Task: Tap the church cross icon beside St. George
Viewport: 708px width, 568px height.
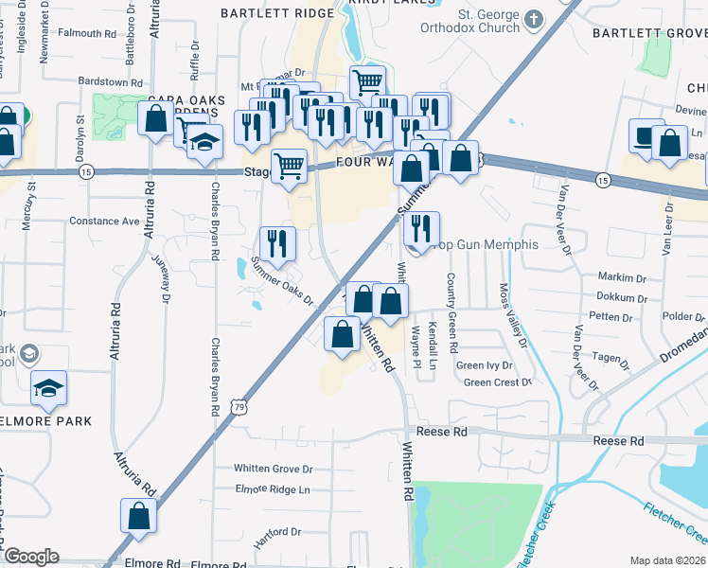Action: coord(534,18)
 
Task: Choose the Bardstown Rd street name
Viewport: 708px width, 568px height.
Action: coord(110,82)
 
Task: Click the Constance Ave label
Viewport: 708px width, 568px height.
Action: coord(104,221)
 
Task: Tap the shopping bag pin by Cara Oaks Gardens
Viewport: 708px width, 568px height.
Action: coord(154,119)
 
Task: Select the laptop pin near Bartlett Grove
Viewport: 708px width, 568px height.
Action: coord(646,135)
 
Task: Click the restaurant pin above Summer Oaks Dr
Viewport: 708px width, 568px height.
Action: coord(277,243)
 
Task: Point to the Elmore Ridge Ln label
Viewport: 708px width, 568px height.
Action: coord(273,489)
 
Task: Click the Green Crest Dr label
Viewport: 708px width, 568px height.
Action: coord(498,382)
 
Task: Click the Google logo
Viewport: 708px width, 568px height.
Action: coord(31,557)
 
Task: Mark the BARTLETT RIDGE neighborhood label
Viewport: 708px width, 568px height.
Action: coord(277,13)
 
